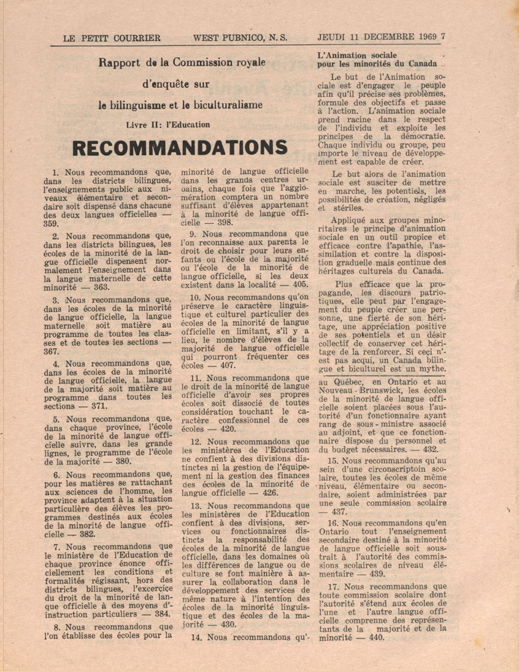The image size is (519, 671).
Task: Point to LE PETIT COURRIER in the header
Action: click(x=112, y=37)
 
